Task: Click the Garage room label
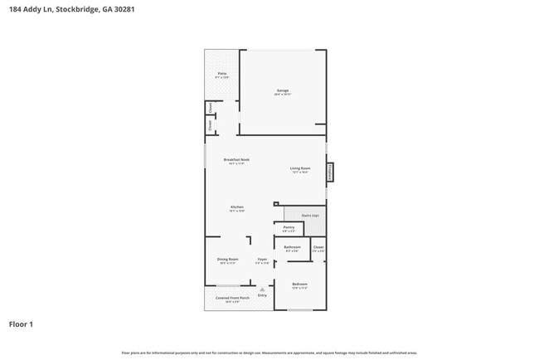(283, 92)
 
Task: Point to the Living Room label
(299, 170)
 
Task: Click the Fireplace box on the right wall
(330, 172)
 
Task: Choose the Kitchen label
(236, 208)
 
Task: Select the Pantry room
(289, 228)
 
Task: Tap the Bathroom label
(292, 248)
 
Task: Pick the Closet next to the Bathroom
(318, 248)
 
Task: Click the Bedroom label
(299, 285)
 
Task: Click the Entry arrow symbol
(262, 289)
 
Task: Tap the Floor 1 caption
(21, 324)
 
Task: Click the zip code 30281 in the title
(124, 9)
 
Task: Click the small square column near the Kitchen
(275, 203)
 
